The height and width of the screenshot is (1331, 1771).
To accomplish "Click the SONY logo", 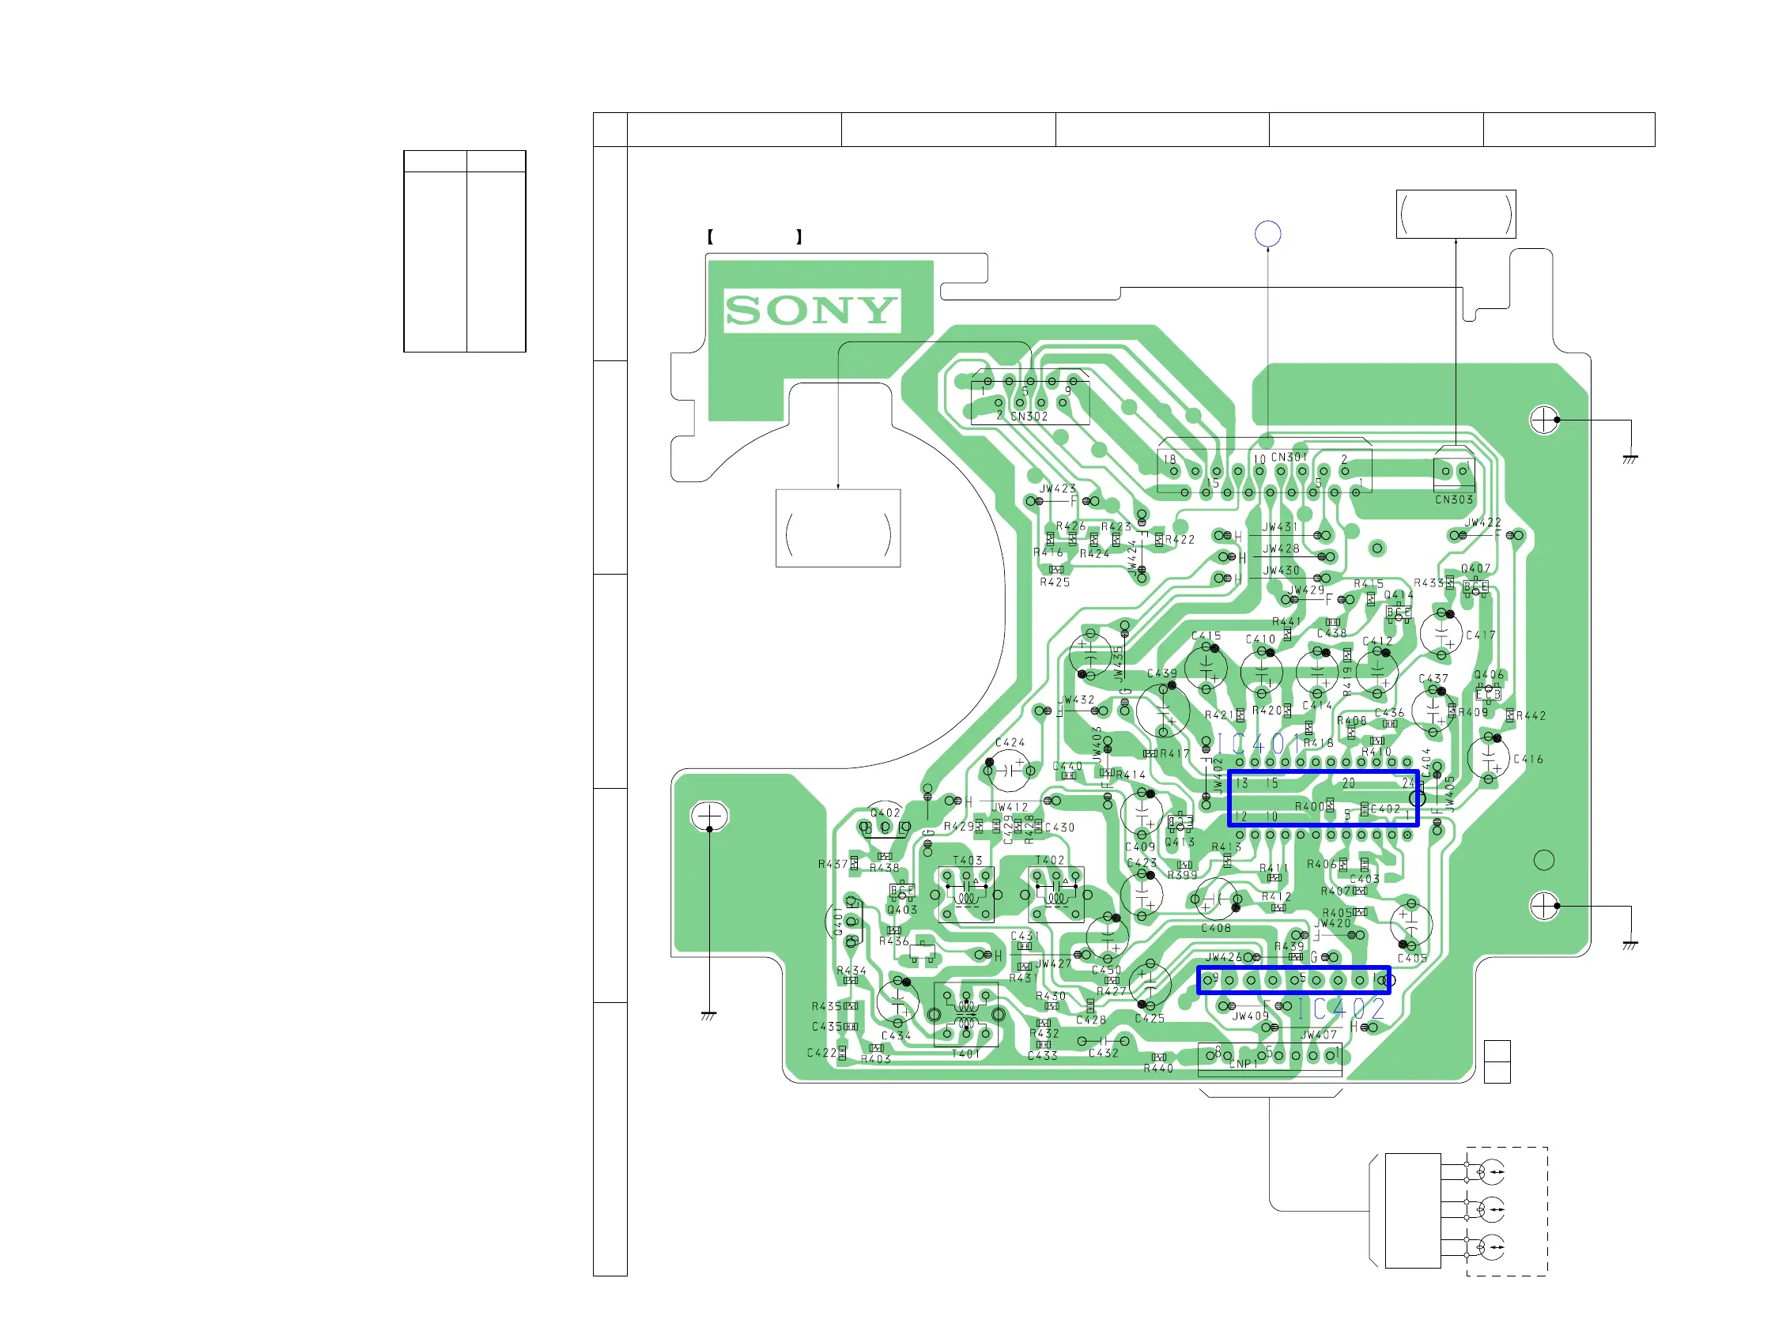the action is click(x=811, y=310).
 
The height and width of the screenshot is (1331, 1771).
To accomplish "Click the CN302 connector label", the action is click(x=1029, y=417).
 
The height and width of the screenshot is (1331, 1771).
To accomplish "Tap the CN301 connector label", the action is click(x=1288, y=457).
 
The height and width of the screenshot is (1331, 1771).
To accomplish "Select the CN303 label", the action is click(x=1453, y=500).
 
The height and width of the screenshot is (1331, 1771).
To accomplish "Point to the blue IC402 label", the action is click(x=1341, y=1009).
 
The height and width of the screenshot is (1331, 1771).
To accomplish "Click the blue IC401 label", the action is click(x=1259, y=745).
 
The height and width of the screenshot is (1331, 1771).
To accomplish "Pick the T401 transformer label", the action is click(x=965, y=1054).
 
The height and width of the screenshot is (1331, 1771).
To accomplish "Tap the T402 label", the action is click(x=1050, y=860).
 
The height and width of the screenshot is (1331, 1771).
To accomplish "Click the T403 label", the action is click(x=967, y=860).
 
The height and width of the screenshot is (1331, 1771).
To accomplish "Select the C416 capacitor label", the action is click(x=1527, y=759).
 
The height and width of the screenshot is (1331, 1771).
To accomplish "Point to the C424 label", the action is click(x=1010, y=742).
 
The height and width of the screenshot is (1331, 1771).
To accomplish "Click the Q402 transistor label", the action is click(x=885, y=813).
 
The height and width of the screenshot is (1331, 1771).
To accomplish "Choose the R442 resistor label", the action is click(x=1531, y=715).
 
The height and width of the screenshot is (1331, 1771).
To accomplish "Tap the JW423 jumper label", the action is click(x=1058, y=488).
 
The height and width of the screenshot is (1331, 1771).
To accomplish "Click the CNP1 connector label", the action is click(x=1244, y=1064).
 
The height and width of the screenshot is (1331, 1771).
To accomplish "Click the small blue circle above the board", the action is click(x=1267, y=234).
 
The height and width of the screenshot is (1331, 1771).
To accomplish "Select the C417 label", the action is click(x=1480, y=635).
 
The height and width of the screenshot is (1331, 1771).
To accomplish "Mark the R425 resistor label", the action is click(x=1055, y=582).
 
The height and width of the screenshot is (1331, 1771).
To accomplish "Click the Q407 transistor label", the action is click(x=1475, y=568).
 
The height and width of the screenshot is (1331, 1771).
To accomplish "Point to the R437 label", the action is click(x=833, y=865).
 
